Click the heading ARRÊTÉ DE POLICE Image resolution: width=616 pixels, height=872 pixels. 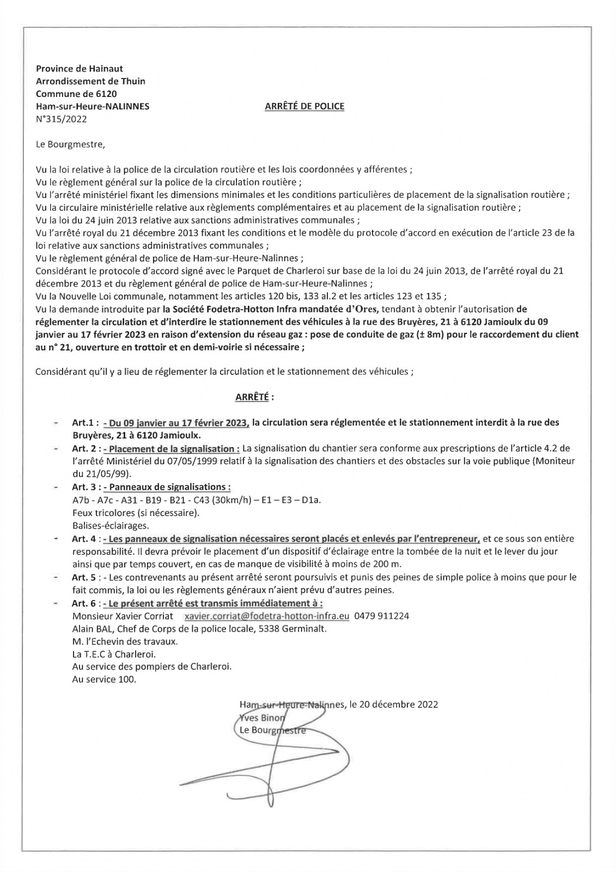click(x=304, y=106)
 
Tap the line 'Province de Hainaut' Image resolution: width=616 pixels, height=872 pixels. click(x=79, y=69)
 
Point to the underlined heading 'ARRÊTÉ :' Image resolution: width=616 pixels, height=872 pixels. click(x=254, y=397)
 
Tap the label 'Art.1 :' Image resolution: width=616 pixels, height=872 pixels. click(x=86, y=422)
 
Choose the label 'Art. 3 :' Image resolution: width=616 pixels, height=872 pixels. click(x=86, y=487)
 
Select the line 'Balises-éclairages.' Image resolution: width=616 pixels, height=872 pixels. click(x=110, y=526)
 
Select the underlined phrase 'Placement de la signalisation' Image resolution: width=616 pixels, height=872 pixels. click(x=172, y=449)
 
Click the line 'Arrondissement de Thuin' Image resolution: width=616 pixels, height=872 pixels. click(x=90, y=81)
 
